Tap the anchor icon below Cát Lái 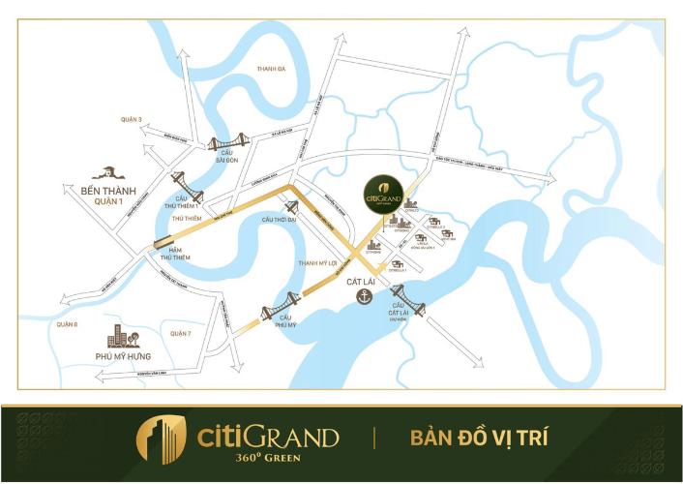(x=365, y=296)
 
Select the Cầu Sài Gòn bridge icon (x=226, y=144)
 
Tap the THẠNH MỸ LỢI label (x=317, y=262)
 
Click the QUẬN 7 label (x=181, y=333)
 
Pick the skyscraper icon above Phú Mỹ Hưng (x=121, y=338)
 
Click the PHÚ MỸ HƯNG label (x=124, y=358)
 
